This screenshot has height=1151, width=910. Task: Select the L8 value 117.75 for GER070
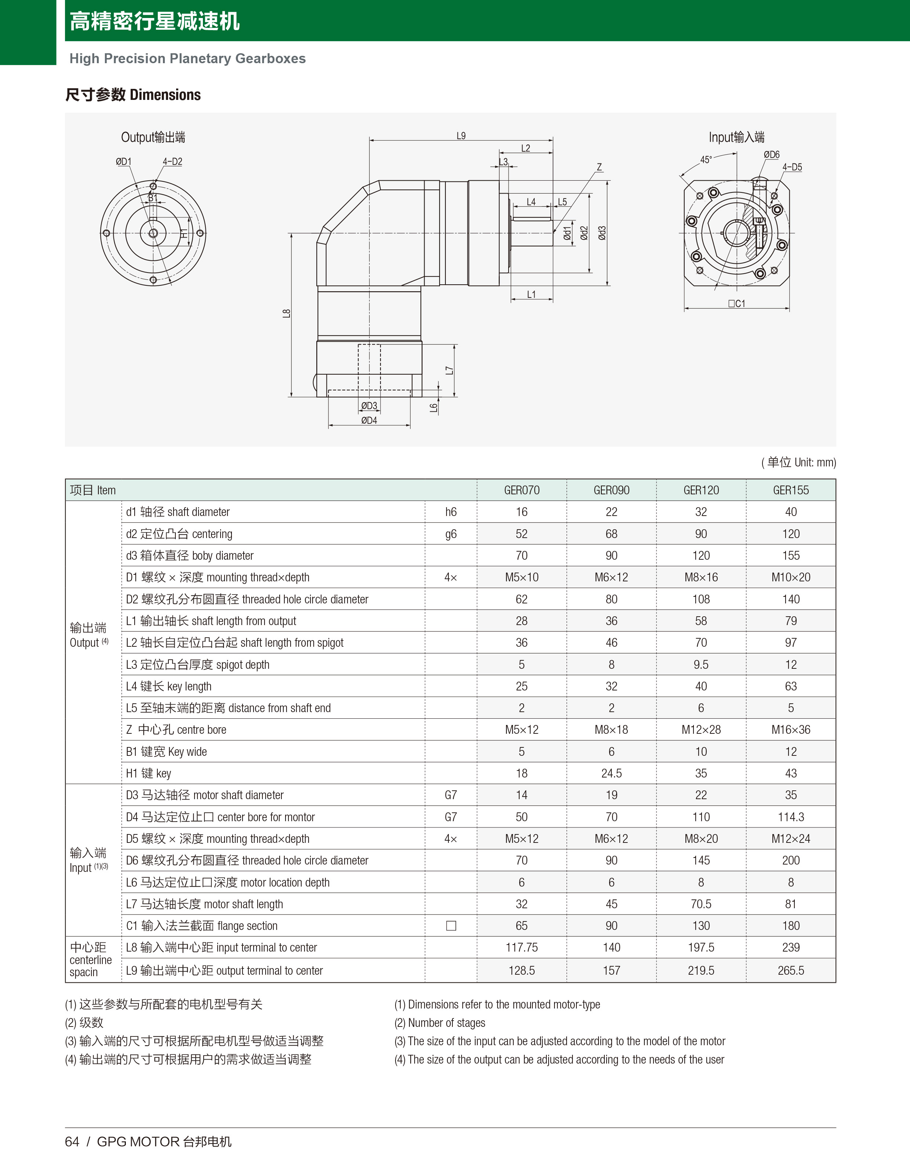[x=521, y=947]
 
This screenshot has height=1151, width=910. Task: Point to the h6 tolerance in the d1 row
[x=451, y=512]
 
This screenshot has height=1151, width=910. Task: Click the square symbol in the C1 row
[x=451, y=926]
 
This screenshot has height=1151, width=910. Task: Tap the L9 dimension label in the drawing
[x=461, y=136]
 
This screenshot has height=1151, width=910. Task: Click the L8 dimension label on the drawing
[x=287, y=314]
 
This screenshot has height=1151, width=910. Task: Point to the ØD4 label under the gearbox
[x=369, y=421]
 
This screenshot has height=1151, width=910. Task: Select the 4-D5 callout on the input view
[x=792, y=167]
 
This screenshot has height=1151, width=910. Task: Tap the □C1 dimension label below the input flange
[x=736, y=303]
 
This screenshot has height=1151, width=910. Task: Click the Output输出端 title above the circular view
[x=153, y=137]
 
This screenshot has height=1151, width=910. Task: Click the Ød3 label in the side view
[x=602, y=233]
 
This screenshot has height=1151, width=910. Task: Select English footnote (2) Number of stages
[x=440, y=1022]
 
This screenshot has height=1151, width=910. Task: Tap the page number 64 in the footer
[x=72, y=1141]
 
